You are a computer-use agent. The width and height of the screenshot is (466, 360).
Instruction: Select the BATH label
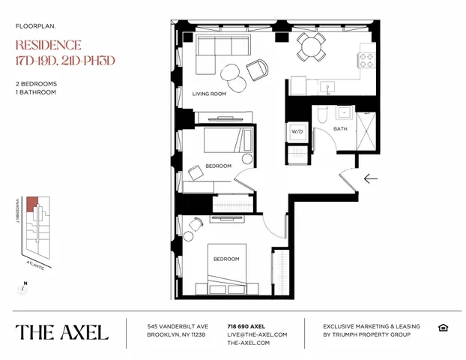pos(340,129)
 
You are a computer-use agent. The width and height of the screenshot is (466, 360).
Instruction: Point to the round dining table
pos(308,46)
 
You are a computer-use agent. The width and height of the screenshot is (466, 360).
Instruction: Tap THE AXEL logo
pos(62,331)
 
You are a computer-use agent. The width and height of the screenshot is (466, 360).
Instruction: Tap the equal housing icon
pos(443,326)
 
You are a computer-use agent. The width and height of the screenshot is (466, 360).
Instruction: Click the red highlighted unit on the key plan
pos(31,204)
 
